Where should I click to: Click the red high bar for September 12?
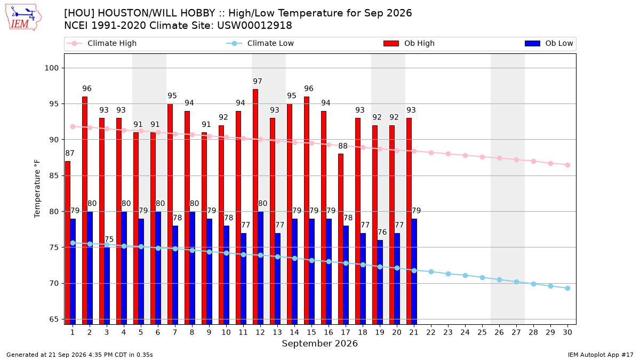[255, 207]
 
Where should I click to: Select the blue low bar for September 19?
[380, 282]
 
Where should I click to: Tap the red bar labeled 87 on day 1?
[68, 243]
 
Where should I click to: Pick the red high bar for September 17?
[341, 239]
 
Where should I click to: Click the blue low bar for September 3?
[107, 286]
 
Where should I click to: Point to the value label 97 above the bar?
[258, 82]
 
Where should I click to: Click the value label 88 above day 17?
[343, 146]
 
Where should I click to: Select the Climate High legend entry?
[101, 43]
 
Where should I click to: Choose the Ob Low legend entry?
[549, 43]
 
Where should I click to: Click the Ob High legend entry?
[409, 43]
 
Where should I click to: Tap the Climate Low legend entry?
[260, 43]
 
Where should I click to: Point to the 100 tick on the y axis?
[51, 68]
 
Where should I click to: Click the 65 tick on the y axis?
[54, 319]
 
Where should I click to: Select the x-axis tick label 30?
[567, 332]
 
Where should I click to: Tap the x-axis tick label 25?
[482, 332]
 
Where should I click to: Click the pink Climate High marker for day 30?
[567, 165]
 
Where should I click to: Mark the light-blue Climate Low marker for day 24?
[465, 275]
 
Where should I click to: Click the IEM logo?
[23, 18]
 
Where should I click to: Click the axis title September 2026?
[319, 343]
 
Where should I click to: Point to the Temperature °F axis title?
[37, 189]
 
